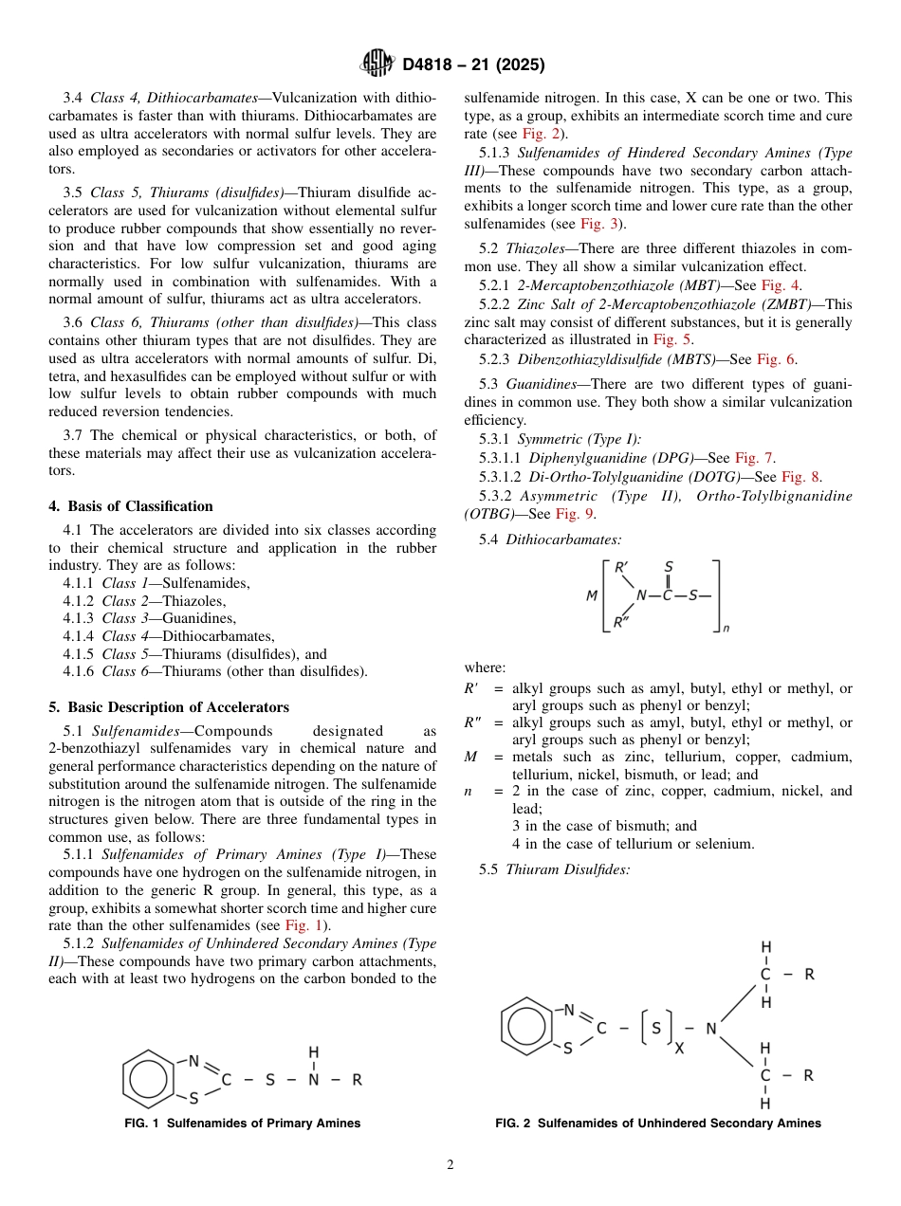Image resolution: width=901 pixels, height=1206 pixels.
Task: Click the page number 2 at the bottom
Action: click(x=450, y=1165)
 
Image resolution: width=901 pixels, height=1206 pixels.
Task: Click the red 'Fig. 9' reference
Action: click(x=575, y=514)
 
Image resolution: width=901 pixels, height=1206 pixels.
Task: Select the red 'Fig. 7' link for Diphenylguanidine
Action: click(x=754, y=458)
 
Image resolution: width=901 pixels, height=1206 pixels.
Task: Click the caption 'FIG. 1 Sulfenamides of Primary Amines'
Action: click(x=243, y=1124)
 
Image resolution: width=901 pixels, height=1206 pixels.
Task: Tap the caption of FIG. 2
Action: click(x=658, y=1124)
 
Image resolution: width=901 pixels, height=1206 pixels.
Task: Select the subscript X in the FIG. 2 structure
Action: click(x=679, y=1050)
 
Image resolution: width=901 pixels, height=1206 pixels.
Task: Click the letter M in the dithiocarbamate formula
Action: click(x=591, y=596)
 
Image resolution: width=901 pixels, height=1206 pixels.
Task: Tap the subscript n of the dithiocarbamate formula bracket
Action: click(x=726, y=628)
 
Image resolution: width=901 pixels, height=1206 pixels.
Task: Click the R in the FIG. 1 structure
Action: click(x=357, y=1080)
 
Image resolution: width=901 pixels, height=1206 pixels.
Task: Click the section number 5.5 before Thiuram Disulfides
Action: click(x=488, y=868)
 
